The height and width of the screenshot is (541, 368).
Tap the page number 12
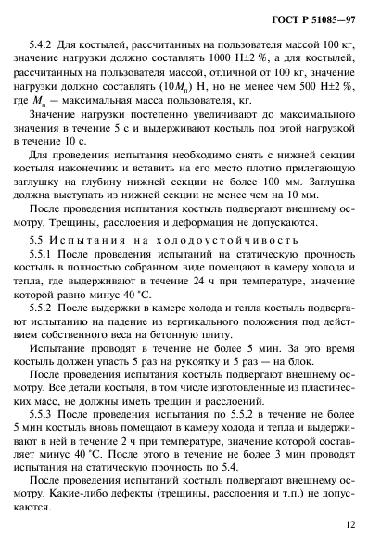coord(348,524)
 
